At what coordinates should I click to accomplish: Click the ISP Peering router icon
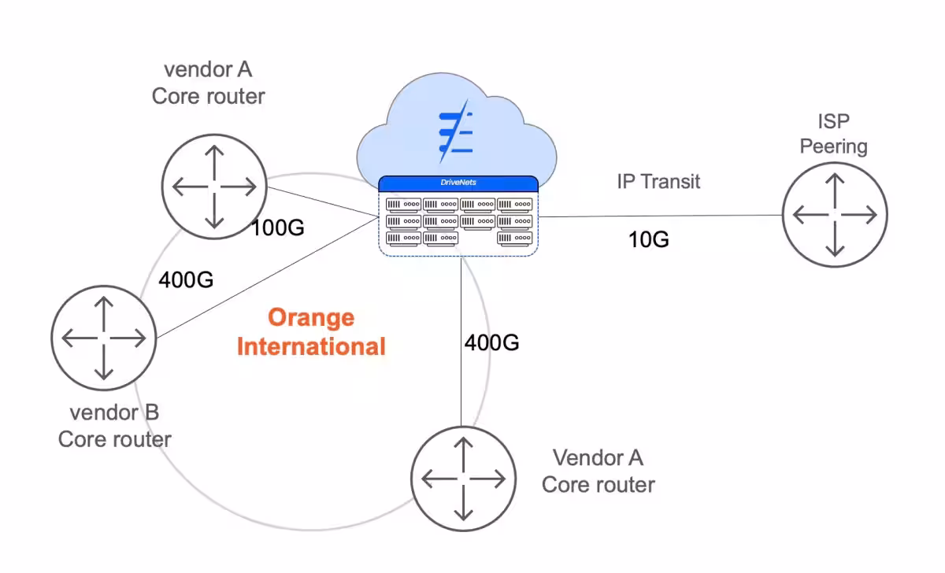coord(835,214)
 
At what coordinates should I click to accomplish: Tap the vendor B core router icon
coord(103,337)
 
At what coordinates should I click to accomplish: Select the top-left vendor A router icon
coord(214,187)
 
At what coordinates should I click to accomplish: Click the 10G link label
coord(649,239)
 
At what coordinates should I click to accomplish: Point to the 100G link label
coord(277,228)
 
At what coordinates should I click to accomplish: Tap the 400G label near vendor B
coord(186,279)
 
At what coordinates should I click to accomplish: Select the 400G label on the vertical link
coord(491,342)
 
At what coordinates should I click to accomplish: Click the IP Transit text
coord(658,182)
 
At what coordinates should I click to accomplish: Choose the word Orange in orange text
coord(311,317)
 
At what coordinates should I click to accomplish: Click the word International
coord(311,346)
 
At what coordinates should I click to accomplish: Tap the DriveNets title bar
coord(458,183)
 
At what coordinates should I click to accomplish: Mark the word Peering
coord(833,146)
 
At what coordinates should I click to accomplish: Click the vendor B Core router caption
coord(115,426)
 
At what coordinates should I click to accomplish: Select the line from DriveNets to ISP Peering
coord(661,216)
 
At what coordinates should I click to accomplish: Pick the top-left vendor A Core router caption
coord(209,83)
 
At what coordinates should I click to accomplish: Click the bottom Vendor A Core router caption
coord(598,471)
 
